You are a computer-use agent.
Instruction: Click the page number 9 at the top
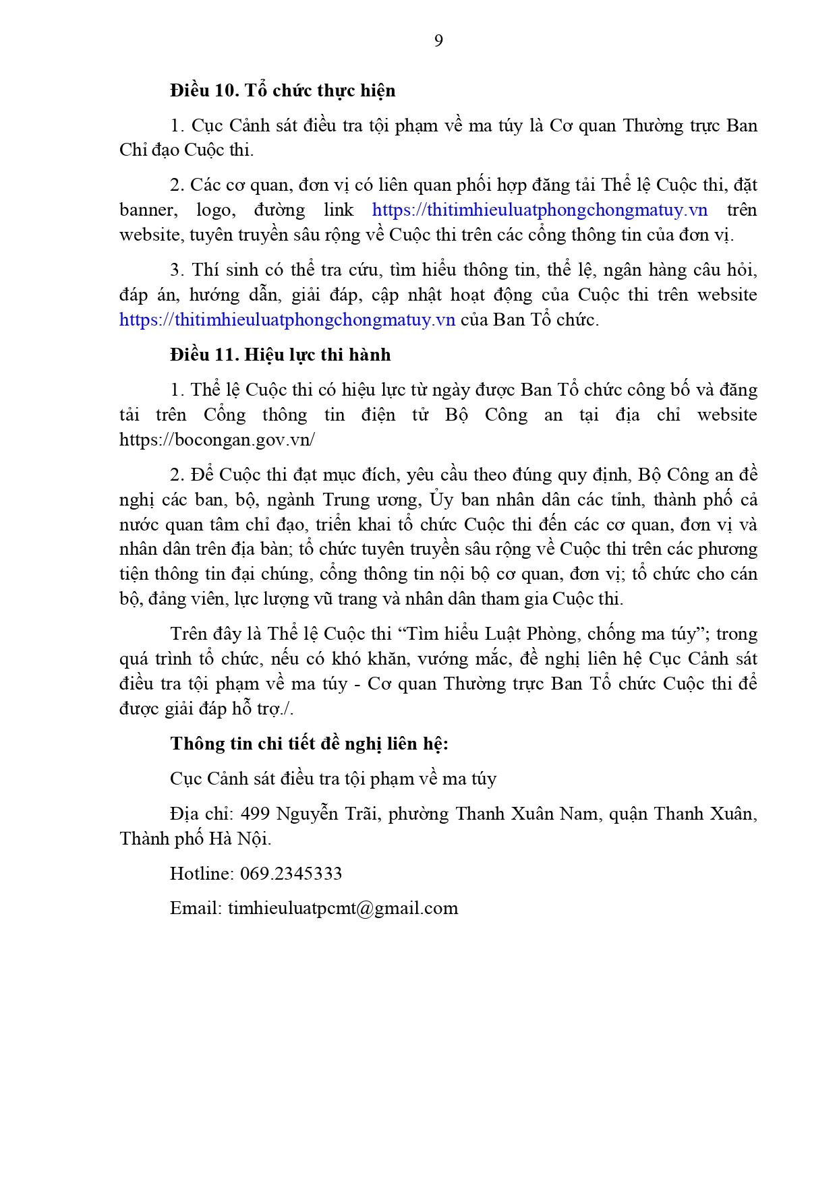coord(438,41)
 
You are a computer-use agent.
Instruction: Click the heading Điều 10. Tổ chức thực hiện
coord(283,90)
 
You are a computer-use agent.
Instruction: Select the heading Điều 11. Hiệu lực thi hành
coord(280,355)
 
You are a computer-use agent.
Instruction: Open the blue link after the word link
coord(540,210)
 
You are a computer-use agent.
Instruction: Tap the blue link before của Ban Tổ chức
coord(287,320)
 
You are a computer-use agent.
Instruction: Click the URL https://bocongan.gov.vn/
coord(217,440)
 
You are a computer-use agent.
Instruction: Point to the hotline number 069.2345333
coord(291,874)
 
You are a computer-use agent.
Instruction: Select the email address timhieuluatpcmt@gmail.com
coord(343,909)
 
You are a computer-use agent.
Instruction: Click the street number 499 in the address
coord(256,814)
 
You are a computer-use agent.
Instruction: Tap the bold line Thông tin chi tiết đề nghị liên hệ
coord(309,744)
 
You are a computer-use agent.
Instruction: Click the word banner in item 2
coord(148,210)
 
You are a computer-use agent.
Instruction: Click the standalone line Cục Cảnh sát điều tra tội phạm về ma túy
coord(333,779)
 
